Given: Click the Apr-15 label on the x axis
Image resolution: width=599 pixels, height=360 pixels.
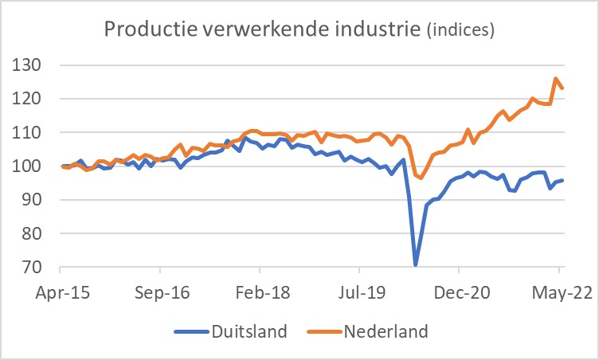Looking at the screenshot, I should (x=62, y=292).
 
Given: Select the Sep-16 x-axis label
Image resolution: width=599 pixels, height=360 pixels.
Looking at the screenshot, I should (x=162, y=292).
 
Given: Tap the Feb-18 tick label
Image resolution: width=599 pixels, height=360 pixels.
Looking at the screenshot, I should (x=262, y=292).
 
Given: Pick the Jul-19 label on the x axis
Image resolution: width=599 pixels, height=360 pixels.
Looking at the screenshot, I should (x=362, y=292).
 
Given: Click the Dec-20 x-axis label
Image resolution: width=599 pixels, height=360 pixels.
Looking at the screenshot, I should (x=462, y=292).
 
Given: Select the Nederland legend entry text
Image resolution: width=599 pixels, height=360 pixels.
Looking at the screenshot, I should (x=386, y=331).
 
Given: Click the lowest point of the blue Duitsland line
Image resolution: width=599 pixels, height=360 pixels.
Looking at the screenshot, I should (x=416, y=264).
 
